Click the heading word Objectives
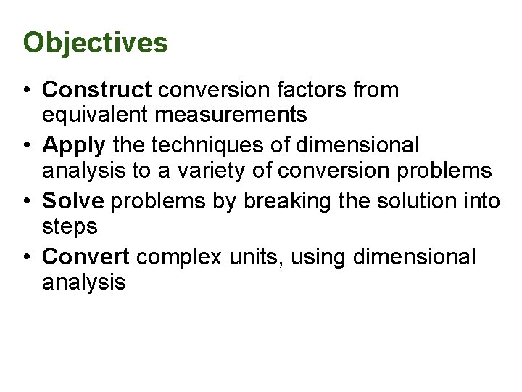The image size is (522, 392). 95,43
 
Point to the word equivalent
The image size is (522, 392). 99,115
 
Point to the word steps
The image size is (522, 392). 70,226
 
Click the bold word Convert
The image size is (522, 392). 86,257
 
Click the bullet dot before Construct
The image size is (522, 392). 25,91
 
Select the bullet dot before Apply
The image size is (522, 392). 25,146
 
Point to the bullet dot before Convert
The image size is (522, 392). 25,257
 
